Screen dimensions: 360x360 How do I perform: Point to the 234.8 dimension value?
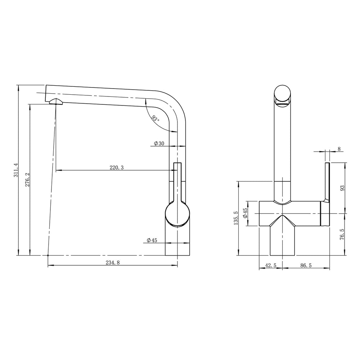tap(113, 263)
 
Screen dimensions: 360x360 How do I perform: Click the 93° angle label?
tap(155, 118)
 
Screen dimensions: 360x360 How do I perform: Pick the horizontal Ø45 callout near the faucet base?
tap(152, 240)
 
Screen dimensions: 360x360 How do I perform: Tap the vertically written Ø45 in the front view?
tap(245, 213)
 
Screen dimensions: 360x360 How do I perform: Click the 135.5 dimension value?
tap(236, 218)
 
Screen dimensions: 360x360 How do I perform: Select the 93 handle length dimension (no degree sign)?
tap(342, 188)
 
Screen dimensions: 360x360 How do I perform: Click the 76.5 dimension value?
tap(342, 234)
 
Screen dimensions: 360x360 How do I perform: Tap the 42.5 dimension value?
tap(271, 265)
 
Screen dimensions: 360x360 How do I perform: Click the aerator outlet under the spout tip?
tap(55, 101)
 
